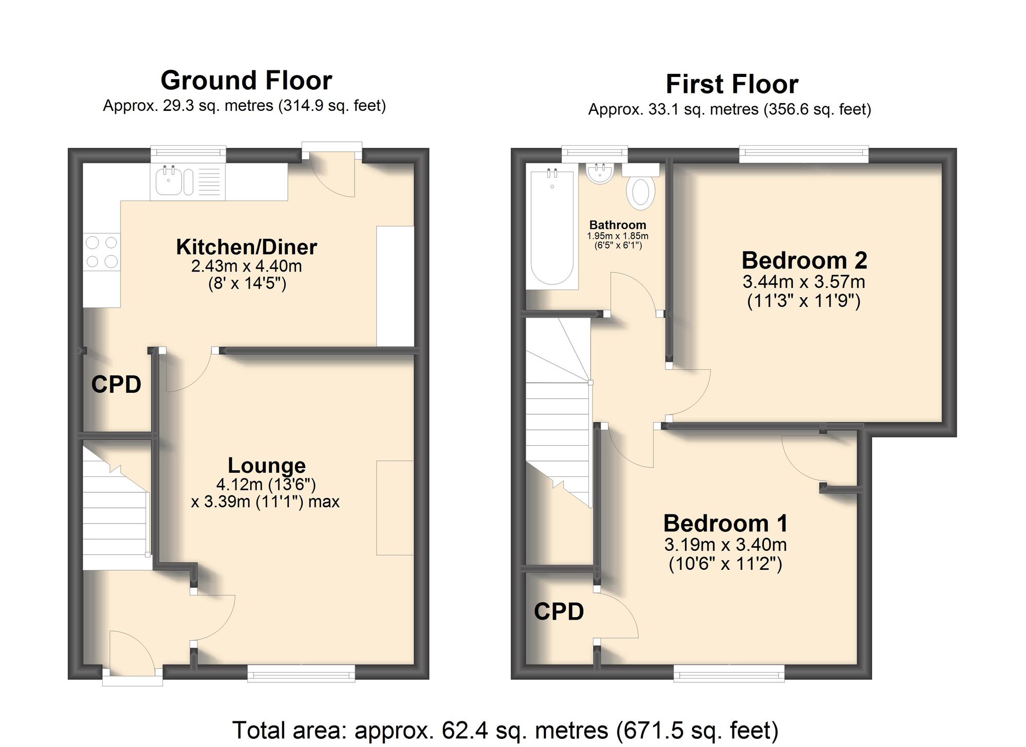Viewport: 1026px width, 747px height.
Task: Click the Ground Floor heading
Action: coord(246,81)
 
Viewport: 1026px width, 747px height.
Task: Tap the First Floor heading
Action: coord(732,84)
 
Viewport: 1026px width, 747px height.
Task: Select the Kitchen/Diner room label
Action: coord(246,247)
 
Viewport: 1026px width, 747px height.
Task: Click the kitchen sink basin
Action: coord(169,182)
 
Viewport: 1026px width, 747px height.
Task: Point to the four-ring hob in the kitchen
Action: coord(102,252)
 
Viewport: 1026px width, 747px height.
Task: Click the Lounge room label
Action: coord(267,466)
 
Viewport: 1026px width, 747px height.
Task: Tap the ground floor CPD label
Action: coord(116,385)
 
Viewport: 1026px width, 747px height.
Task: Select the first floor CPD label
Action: coord(559,611)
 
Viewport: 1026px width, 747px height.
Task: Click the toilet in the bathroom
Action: coord(641,191)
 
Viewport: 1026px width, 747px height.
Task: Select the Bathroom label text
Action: coord(618,225)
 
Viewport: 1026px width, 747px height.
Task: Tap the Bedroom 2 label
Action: coord(804,261)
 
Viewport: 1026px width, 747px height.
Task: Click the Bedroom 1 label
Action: coord(725,524)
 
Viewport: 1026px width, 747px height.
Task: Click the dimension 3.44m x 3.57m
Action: coord(804,282)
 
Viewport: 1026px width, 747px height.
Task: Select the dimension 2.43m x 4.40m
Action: coord(246,266)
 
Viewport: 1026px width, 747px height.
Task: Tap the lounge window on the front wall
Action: coord(301,673)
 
